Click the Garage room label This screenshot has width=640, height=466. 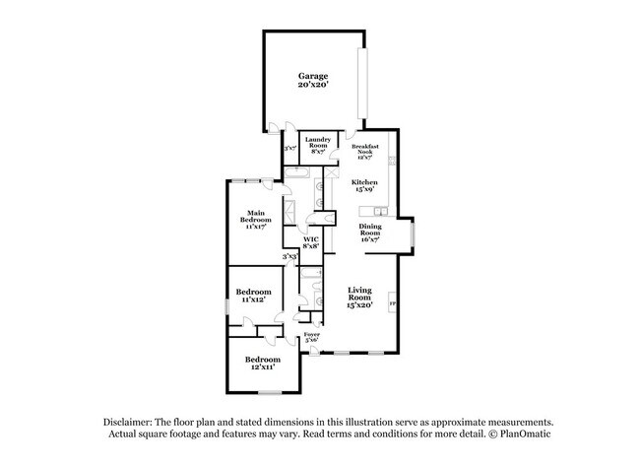[x=313, y=81]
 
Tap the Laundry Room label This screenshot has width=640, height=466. [x=317, y=145]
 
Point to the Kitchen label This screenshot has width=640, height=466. [x=365, y=186]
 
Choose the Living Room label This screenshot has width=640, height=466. [x=358, y=297]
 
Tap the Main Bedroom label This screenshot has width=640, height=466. [x=256, y=219]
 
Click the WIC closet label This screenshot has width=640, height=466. [x=310, y=242]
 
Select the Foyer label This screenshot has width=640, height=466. [x=311, y=338]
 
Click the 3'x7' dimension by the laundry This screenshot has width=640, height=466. [x=289, y=149]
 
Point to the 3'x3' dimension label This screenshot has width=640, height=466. [x=289, y=257]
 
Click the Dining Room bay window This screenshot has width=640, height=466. [x=414, y=234]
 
